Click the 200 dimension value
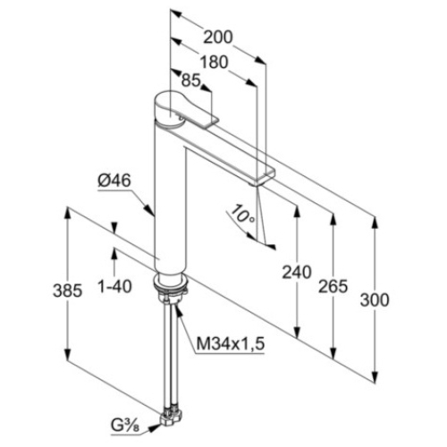pyautogui.click(x=217, y=38)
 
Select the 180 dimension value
pyautogui.click(x=214, y=63)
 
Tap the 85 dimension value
pyautogui.click(x=190, y=80)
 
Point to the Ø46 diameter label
pyautogui.click(x=114, y=181)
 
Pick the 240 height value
pyautogui.click(x=297, y=273)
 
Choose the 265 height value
pyautogui.click(x=333, y=286)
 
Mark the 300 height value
pyautogui.click(x=375, y=299)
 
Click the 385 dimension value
pyautogui.click(x=68, y=291)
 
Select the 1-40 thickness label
pyautogui.click(x=114, y=286)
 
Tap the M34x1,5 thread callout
pyautogui.click(x=231, y=344)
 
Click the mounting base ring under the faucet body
pyautogui.click(x=171, y=280)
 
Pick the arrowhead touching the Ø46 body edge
pyautogui.click(x=149, y=209)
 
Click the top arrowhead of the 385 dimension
pyautogui.click(x=68, y=213)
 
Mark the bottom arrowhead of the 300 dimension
pyautogui.click(x=375, y=376)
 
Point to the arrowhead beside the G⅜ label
pyautogui.click(x=155, y=428)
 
